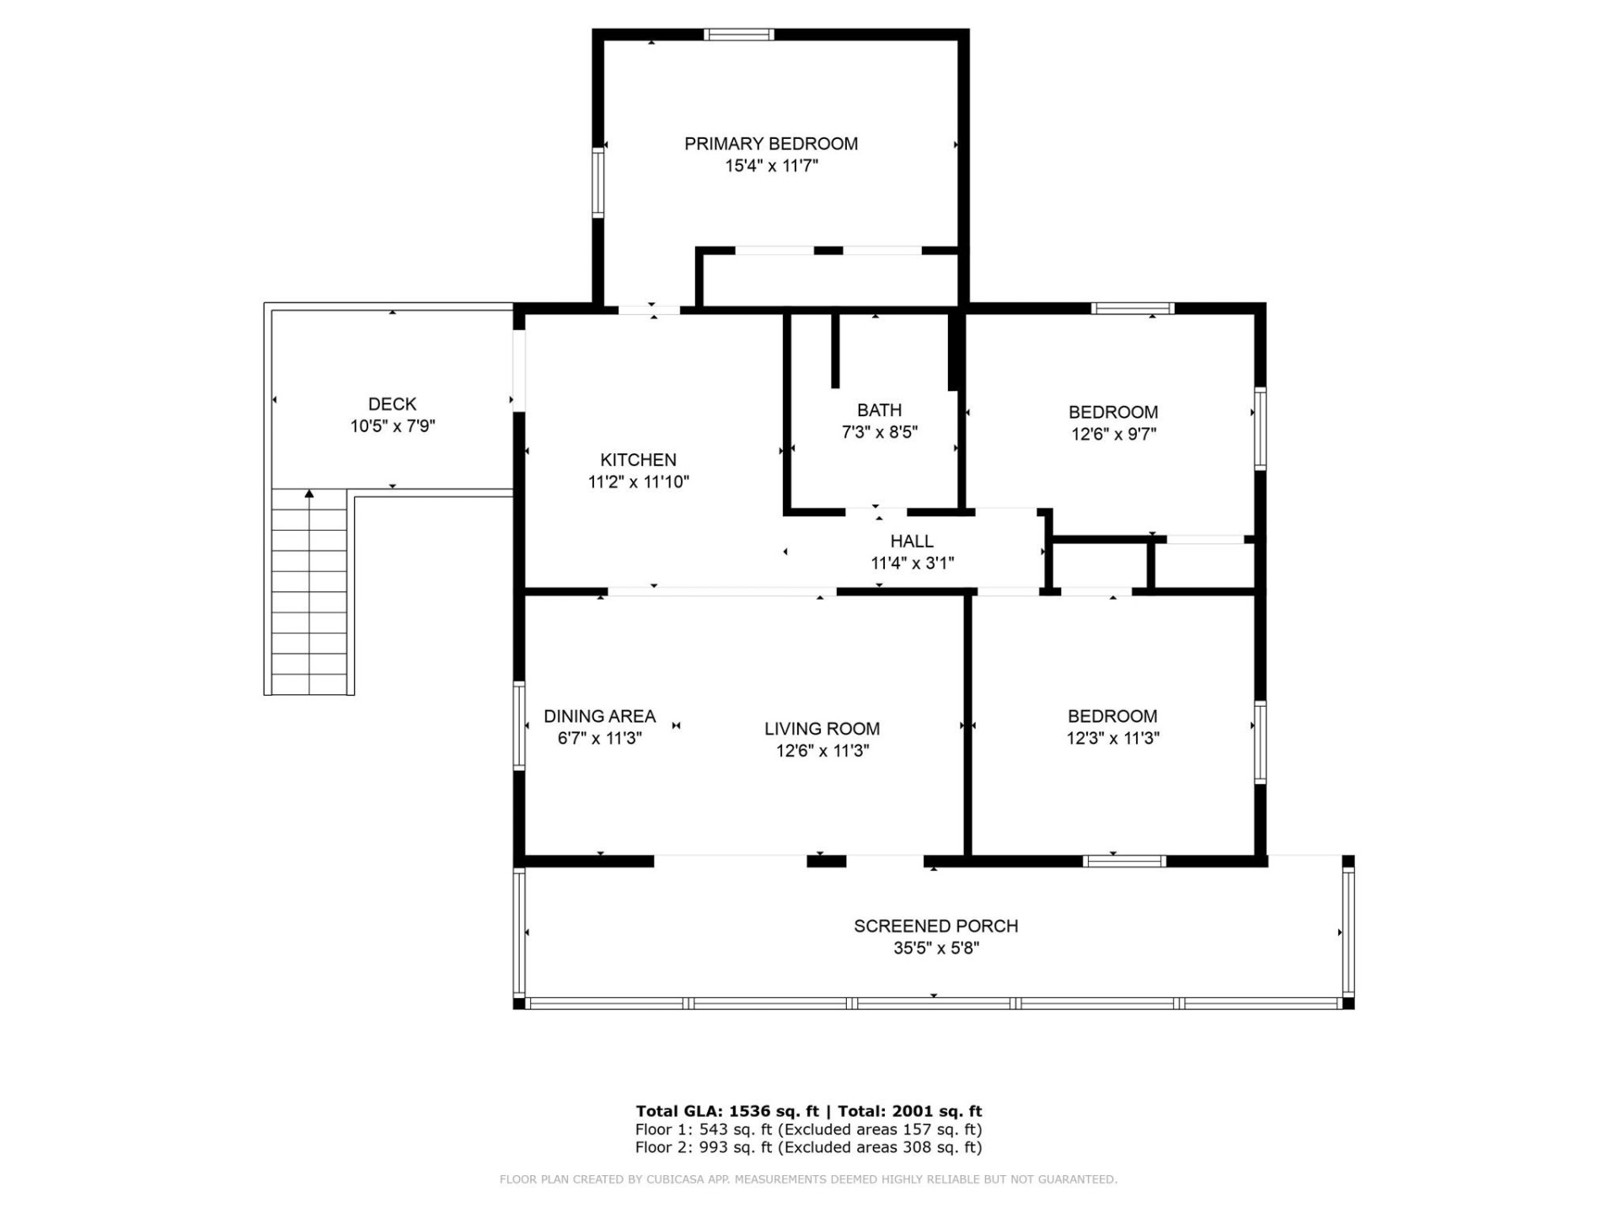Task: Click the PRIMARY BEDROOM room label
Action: point(770,144)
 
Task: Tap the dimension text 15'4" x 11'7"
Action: point(770,166)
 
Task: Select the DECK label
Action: point(392,404)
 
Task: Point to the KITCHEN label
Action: point(638,460)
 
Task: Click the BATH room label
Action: point(879,410)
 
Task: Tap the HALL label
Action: point(912,542)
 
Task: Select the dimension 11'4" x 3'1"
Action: point(912,564)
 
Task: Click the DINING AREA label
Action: point(599,717)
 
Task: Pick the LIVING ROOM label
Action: point(822,729)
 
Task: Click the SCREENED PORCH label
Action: point(935,926)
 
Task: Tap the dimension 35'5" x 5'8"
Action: point(935,948)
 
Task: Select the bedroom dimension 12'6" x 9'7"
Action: point(1113,435)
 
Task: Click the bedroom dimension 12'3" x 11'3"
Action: point(1112,739)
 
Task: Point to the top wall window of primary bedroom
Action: point(739,35)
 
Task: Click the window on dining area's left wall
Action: point(519,725)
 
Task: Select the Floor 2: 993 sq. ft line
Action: point(808,1147)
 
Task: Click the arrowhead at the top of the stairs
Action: point(309,494)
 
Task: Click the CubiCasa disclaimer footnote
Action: point(808,1179)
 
